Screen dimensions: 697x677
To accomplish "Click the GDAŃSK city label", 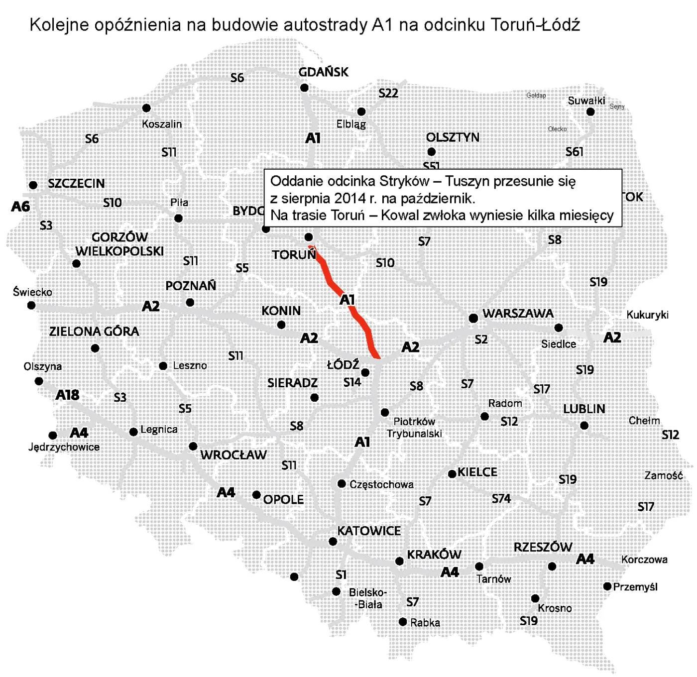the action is [323, 72].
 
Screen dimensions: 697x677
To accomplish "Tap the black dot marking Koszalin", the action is [146, 108].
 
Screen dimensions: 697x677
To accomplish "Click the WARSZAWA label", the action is [518, 314].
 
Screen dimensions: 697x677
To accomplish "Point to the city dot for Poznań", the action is [190, 303].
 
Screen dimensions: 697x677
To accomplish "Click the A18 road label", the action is [67, 395].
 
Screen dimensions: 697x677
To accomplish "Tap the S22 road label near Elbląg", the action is [388, 94].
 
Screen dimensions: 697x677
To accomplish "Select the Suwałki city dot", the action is [590, 112].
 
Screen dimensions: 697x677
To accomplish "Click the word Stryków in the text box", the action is [404, 181].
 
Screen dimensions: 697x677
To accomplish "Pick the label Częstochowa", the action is [381, 484].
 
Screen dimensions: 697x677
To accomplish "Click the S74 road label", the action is [501, 498].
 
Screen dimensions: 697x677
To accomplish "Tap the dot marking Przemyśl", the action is [607, 586].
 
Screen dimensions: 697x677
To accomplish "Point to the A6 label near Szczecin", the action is [20, 206].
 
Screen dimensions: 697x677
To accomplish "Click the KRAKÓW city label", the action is [434, 555].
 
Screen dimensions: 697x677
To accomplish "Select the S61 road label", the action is [574, 151].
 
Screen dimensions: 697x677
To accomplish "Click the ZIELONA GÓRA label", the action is [94, 332].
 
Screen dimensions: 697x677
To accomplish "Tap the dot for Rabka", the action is [403, 622].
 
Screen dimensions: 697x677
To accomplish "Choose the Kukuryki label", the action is [647, 315].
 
